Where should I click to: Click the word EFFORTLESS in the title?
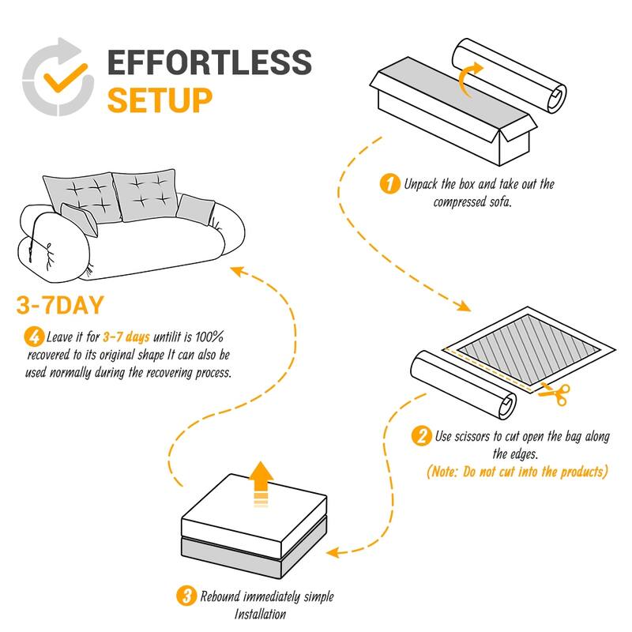(x=209, y=62)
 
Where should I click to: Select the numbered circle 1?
(x=389, y=185)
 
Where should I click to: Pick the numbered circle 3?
(x=187, y=596)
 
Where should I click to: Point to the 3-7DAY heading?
(x=70, y=306)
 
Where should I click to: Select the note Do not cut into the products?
(x=517, y=472)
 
